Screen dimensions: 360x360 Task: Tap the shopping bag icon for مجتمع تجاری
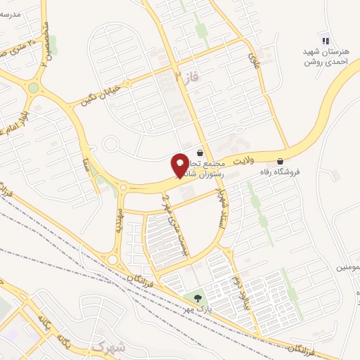coord(200,152)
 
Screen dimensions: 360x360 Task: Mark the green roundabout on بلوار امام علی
coord(33,88)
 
